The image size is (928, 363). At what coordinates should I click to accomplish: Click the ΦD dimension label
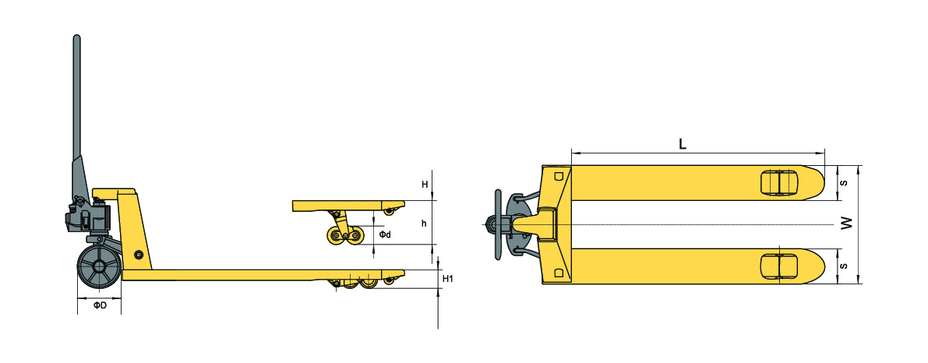(x=100, y=305)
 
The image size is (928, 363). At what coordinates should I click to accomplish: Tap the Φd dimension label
(x=385, y=234)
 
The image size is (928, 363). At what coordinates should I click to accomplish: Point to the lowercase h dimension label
(x=424, y=224)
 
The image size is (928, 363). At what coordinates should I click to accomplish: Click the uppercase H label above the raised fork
(x=425, y=185)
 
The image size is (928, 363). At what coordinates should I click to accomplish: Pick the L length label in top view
(x=683, y=143)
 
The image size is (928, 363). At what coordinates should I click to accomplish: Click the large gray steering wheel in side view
(x=98, y=268)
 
